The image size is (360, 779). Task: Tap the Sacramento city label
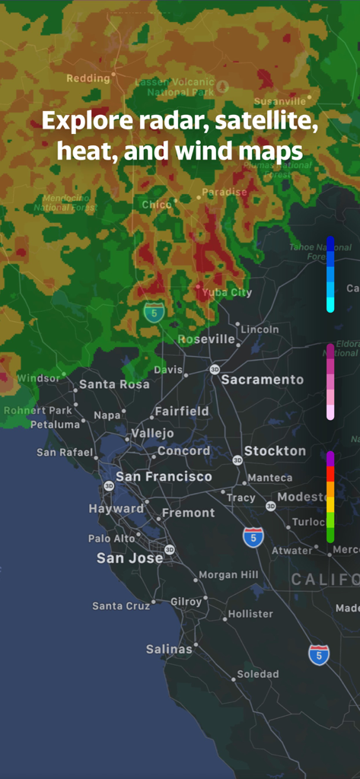[x=262, y=380]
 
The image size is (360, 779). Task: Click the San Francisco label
[x=164, y=477]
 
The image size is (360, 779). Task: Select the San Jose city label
[x=129, y=558]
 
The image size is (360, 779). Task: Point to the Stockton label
[x=275, y=451]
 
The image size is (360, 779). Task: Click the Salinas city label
[x=169, y=650]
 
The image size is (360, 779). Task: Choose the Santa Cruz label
[x=120, y=606]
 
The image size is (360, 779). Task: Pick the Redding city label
[x=88, y=78]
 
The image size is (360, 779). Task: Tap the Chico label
[x=156, y=204]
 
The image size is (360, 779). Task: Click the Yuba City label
[x=227, y=292]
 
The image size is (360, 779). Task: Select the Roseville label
[x=206, y=339]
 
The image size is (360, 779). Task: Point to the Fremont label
[x=188, y=513]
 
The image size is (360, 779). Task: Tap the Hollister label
[x=250, y=614]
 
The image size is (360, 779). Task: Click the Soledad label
[x=257, y=674]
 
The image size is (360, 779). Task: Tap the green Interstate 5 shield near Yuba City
[x=154, y=311]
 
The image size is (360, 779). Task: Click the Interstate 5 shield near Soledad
[x=319, y=655]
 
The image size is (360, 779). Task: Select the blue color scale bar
[x=330, y=274]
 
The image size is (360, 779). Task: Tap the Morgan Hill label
[x=228, y=575]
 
